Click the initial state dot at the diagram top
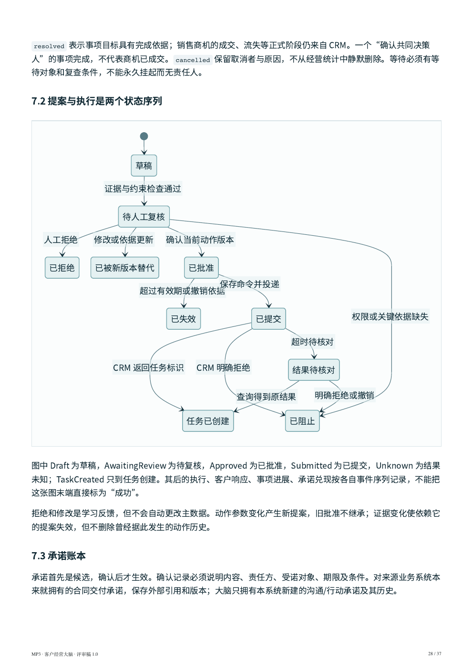tap(144, 136)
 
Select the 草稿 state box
tap(144, 166)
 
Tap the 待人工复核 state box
tap(144, 217)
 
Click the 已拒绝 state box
tap(62, 268)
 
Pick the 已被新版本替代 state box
tap(125, 268)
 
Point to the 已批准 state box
tap(201, 268)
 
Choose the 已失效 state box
tap(184, 319)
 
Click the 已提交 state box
tap(268, 319)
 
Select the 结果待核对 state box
tap(314, 370)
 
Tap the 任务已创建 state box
tap(208, 421)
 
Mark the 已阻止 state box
tap(302, 421)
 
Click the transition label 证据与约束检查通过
tap(143, 189)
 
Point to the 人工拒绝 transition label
tap(61, 240)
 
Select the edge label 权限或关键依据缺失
tap(390, 316)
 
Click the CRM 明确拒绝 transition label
tap(223, 367)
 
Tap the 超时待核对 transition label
tap(312, 342)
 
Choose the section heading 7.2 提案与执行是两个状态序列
tap(97, 101)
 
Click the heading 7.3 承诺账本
tap(59, 556)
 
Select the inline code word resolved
tap(49, 46)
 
